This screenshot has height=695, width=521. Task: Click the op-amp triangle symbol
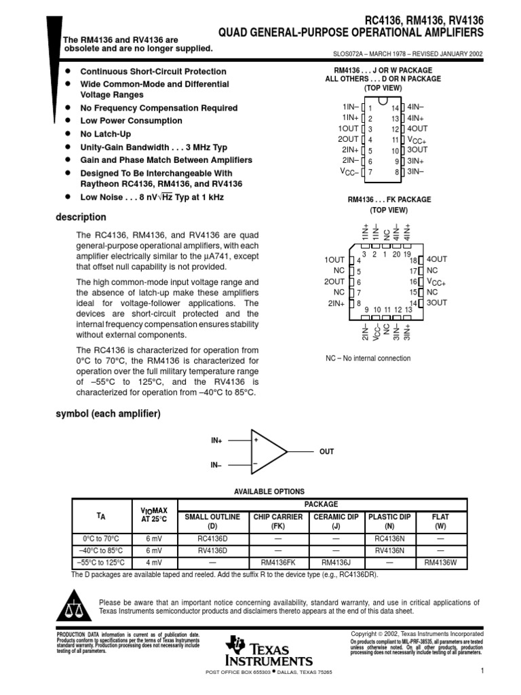click(269, 451)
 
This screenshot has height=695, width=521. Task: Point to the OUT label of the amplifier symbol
click(326, 451)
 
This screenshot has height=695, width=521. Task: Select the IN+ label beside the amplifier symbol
click(216, 440)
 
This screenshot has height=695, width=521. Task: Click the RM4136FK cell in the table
click(277, 562)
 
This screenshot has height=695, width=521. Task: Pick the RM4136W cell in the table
click(440, 562)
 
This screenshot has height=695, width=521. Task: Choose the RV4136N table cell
click(389, 550)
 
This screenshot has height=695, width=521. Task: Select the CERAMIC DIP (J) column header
click(335, 521)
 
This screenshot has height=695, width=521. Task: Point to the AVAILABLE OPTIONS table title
click(269, 491)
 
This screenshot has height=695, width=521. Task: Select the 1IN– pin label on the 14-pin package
click(351, 107)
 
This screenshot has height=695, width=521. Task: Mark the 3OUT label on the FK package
click(437, 303)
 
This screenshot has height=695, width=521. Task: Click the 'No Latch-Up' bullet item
click(105, 134)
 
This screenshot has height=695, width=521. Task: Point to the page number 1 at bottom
click(480, 671)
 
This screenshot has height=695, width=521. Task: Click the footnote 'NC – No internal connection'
click(368, 358)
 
